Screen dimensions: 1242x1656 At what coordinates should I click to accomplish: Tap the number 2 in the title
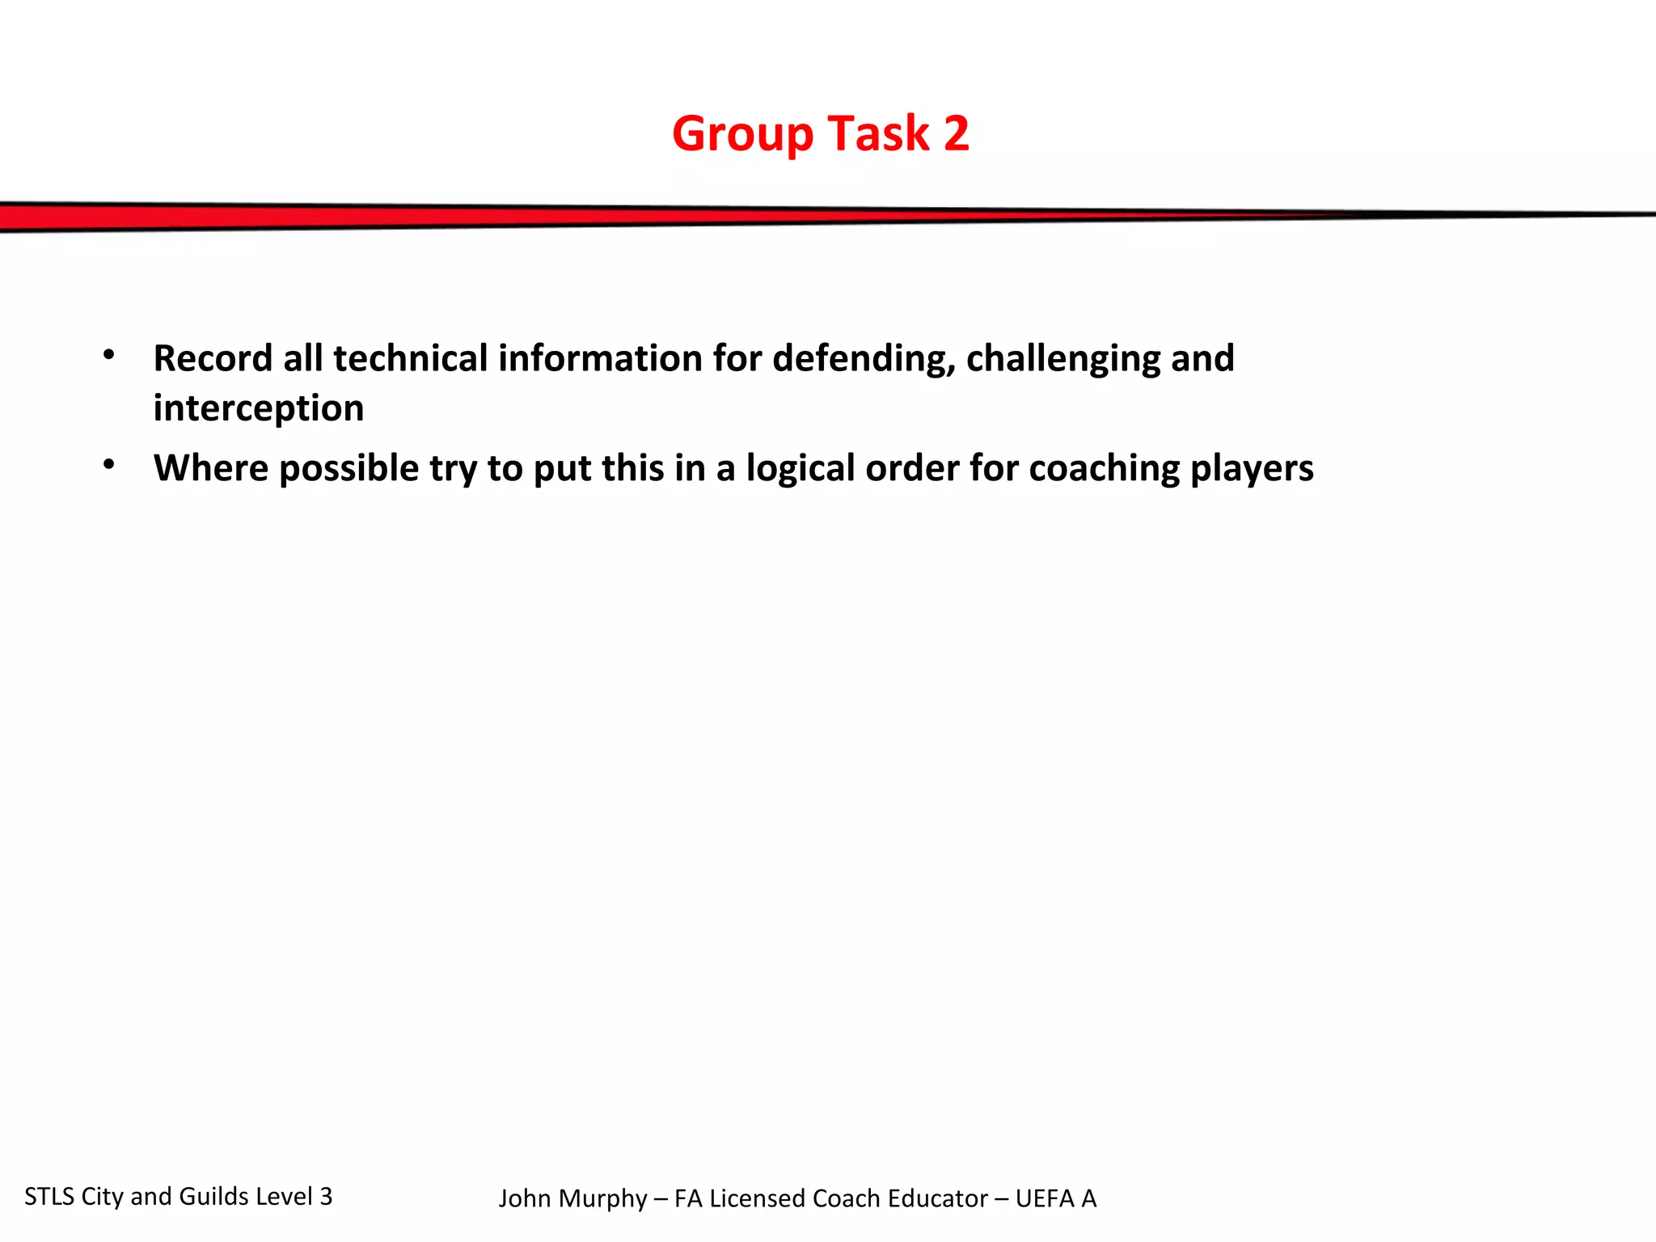(x=956, y=133)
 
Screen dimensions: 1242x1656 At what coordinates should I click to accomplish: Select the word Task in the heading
(x=878, y=133)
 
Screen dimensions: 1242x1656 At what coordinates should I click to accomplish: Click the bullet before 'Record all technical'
(x=109, y=354)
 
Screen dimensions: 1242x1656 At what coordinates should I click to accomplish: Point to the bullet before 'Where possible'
(x=109, y=464)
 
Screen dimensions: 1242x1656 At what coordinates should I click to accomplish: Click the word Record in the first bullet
(x=213, y=358)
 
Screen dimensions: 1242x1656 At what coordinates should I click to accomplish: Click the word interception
(x=259, y=408)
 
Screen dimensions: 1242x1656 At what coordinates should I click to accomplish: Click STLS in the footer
(x=49, y=1197)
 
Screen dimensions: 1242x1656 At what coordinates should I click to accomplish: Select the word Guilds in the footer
(x=213, y=1197)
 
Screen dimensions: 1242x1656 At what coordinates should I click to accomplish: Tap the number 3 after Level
(x=326, y=1197)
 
